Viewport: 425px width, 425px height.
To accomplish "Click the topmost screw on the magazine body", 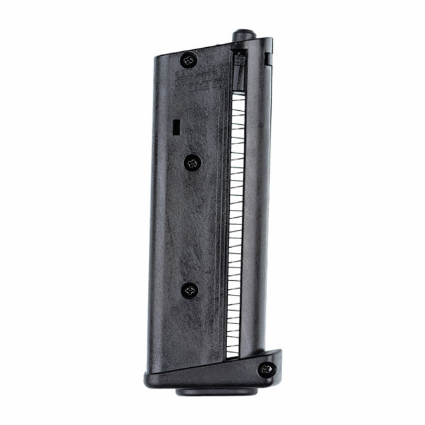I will click(x=189, y=59).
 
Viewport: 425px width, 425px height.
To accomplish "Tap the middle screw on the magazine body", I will click(x=193, y=161).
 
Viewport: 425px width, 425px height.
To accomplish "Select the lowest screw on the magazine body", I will click(x=190, y=290).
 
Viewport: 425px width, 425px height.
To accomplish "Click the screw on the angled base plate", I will click(x=267, y=368).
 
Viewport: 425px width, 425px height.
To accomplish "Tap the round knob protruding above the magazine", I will click(x=243, y=35).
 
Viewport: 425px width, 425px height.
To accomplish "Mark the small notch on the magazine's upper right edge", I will click(x=268, y=58).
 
